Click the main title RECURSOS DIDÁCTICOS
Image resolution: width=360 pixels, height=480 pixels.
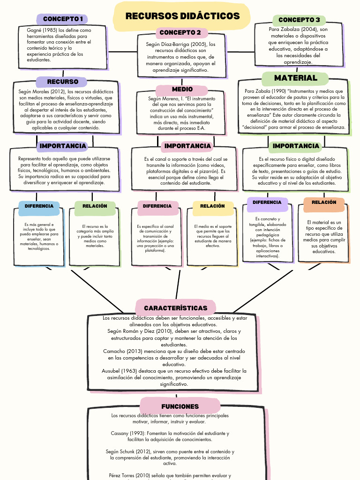click(x=182, y=16)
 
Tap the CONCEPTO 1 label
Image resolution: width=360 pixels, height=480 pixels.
click(x=63, y=19)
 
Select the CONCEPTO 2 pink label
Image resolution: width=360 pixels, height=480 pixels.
click(x=180, y=33)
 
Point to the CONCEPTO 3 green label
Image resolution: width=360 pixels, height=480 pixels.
click(x=299, y=20)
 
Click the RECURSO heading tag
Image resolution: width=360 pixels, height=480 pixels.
click(x=62, y=82)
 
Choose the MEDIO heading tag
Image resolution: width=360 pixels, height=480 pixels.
click(x=182, y=90)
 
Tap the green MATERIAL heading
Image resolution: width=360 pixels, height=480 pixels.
click(x=296, y=78)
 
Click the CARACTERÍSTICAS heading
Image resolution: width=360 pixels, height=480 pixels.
click(x=175, y=308)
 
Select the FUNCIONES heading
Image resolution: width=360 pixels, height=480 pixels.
click(x=180, y=406)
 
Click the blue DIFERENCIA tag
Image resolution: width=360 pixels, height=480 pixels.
click(x=39, y=206)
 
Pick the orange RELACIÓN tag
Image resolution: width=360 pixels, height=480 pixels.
click(x=324, y=203)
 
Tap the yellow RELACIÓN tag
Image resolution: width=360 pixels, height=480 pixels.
click(x=212, y=206)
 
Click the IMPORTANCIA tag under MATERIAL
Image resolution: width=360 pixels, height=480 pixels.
click(x=296, y=146)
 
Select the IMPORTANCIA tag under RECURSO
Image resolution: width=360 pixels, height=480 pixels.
click(x=63, y=146)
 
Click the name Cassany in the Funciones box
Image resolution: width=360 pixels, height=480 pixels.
click(x=120, y=433)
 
